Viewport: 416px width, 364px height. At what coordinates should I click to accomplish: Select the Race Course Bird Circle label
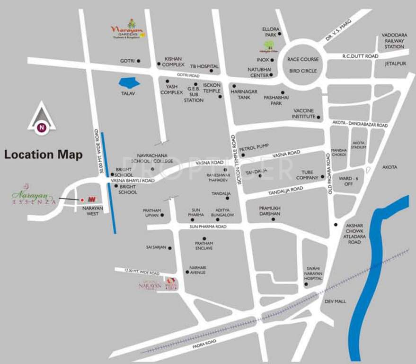click(303, 65)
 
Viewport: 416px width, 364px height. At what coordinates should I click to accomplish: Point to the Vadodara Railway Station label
click(394, 41)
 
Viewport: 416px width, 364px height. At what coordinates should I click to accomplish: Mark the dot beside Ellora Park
click(280, 34)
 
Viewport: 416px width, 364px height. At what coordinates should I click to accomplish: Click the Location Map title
click(44, 155)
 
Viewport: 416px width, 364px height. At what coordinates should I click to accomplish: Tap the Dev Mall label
click(336, 301)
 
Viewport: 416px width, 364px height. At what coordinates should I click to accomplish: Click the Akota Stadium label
click(358, 145)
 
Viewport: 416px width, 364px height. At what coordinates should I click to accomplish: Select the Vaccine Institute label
click(303, 113)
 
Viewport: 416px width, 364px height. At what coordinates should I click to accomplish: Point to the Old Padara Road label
click(327, 168)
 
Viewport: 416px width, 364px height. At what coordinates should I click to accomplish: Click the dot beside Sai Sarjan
click(170, 248)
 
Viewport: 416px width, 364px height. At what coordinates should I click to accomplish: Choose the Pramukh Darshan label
click(270, 211)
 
